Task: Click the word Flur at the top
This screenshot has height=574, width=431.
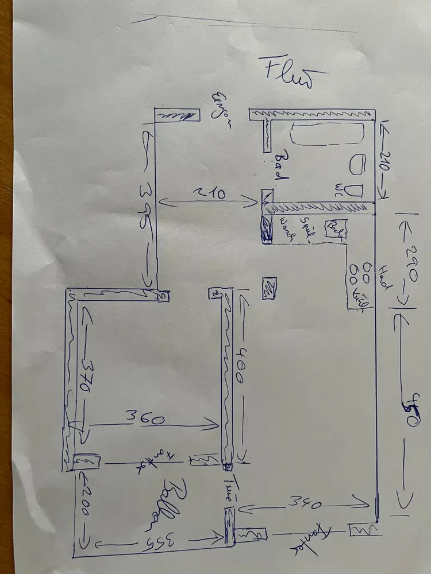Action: tap(288, 72)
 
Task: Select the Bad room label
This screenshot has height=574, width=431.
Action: tap(281, 167)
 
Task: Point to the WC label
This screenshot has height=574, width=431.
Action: tap(339, 188)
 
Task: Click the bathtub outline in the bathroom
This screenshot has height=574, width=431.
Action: tap(327, 134)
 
